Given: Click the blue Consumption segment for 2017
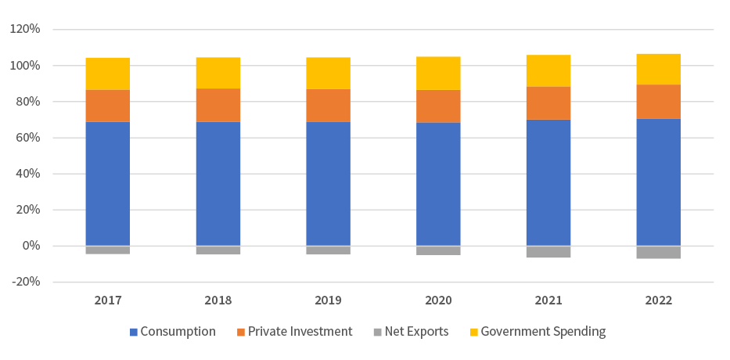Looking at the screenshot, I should (108, 184).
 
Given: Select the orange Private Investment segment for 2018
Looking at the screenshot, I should (218, 105).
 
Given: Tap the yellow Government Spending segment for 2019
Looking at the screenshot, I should (328, 73).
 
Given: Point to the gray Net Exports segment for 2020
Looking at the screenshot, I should (438, 250).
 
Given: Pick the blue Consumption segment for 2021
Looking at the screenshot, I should (548, 182).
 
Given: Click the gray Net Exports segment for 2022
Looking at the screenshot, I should (659, 252).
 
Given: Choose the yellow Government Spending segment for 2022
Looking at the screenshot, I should (659, 69).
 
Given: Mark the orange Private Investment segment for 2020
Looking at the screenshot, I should (438, 106).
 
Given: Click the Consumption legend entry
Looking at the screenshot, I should (172, 331).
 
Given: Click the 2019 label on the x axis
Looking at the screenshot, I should (328, 300).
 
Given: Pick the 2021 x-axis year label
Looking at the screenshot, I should (548, 300).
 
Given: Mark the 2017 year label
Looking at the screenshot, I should (108, 300).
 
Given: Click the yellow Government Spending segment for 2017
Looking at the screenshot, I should (108, 74).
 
